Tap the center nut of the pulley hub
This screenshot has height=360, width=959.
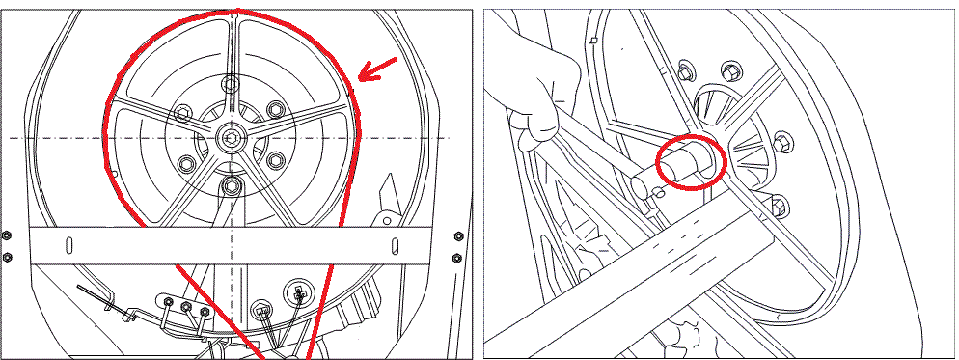(232, 137)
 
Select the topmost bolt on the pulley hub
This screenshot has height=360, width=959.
(230, 85)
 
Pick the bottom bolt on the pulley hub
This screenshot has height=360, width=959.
(230, 184)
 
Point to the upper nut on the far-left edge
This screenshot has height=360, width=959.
(7, 236)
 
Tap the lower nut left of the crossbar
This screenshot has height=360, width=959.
(7, 257)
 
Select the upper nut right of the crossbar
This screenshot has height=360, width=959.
(455, 236)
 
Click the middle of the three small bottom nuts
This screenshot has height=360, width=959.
(186, 308)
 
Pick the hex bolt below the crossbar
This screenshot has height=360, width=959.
(260, 311)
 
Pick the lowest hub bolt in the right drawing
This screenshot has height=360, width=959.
(778, 205)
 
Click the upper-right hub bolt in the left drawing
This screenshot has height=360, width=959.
(275, 108)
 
